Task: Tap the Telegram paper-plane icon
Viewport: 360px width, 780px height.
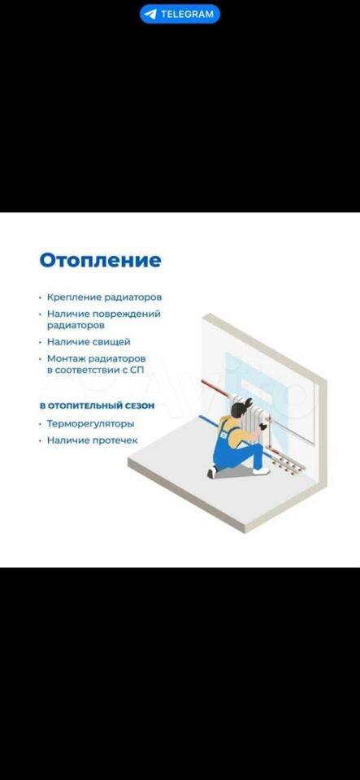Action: point(150,15)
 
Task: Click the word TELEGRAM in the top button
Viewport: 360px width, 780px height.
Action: point(187,15)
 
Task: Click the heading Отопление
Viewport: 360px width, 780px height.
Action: point(101,260)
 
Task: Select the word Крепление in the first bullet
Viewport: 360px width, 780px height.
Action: point(74,297)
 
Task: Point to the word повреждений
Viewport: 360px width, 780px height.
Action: point(132,314)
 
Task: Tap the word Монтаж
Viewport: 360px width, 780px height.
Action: point(63,358)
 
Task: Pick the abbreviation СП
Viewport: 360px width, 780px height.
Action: point(137,370)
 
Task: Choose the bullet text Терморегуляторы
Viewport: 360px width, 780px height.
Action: point(90,424)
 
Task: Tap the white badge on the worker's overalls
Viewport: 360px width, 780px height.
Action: point(223,434)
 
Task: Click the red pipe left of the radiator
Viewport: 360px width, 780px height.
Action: point(216,388)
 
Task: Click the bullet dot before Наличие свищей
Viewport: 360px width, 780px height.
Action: point(41,342)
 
